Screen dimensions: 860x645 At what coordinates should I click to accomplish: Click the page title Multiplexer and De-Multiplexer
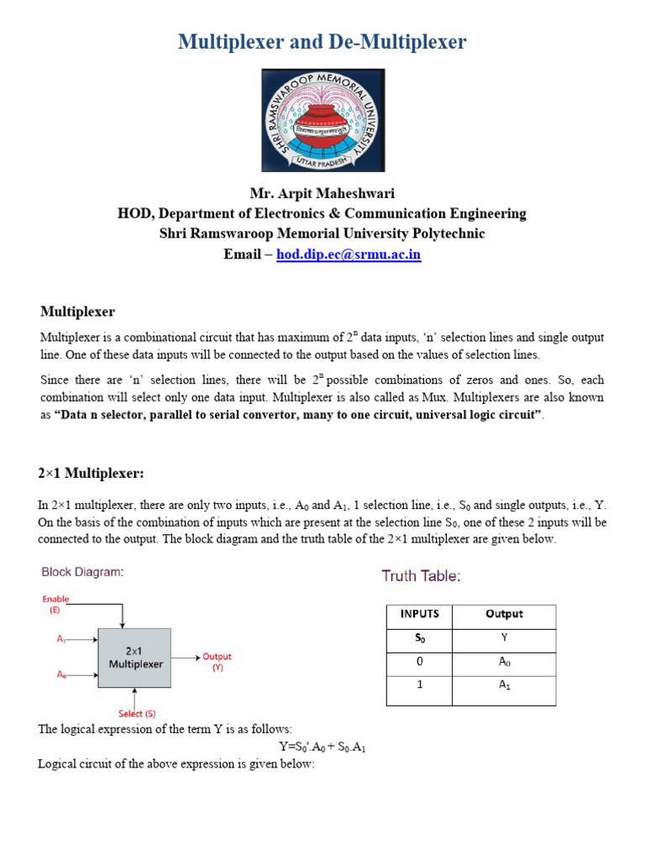[322, 42]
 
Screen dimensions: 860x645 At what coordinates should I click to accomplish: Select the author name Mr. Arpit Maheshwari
[322, 193]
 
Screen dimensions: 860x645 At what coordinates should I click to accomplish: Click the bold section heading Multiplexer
[77, 312]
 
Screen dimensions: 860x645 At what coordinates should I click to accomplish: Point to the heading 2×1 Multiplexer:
[92, 474]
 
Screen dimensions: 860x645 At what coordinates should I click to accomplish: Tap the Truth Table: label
[421, 576]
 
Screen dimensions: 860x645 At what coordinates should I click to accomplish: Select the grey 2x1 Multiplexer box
[134, 658]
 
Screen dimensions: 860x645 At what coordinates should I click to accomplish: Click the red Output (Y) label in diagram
[217, 662]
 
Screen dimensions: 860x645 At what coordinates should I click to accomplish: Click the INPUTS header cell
[419, 615]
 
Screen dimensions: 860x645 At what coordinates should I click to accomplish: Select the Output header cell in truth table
[504, 615]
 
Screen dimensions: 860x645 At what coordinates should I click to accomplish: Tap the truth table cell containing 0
[419, 663]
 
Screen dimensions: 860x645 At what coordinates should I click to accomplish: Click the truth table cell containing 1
[419, 686]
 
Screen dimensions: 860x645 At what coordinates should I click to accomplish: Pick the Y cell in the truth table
[504, 638]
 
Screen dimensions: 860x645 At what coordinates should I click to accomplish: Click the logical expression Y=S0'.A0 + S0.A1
[322, 747]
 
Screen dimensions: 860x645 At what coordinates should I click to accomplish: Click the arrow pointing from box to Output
[186, 658]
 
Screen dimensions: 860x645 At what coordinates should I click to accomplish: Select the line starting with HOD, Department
[322, 213]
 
